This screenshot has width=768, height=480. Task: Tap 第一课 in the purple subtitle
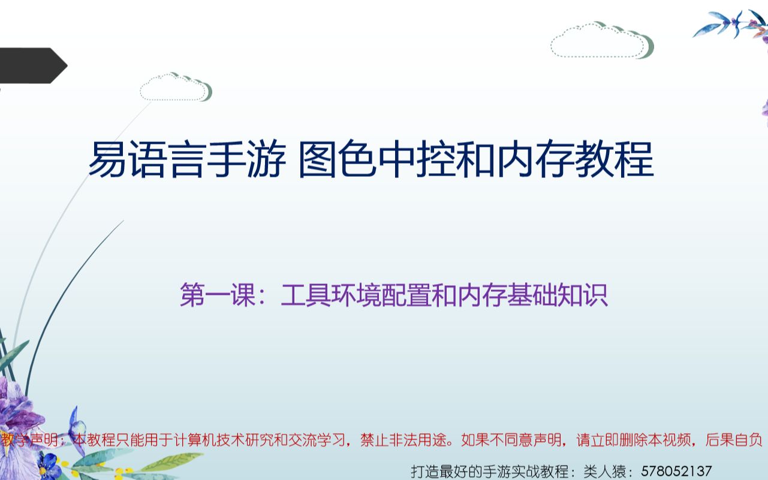point(218,296)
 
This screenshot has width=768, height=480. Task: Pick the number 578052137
point(677,471)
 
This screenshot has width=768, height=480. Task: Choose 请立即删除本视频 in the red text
point(635,441)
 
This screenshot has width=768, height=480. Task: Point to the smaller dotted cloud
point(175,87)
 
